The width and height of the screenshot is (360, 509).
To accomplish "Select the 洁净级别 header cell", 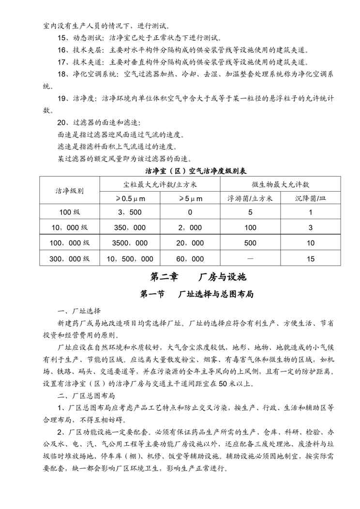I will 70,191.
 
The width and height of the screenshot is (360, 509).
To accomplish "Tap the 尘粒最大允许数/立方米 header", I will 160,184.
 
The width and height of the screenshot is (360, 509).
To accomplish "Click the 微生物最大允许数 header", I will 281,184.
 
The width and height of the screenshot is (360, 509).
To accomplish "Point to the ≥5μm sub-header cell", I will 190,198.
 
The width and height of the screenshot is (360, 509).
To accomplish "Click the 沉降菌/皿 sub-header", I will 311,198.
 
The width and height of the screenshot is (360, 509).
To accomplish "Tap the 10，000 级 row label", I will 70,227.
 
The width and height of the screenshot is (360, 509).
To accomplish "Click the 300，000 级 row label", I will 70,258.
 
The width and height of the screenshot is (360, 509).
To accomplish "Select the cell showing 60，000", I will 190,258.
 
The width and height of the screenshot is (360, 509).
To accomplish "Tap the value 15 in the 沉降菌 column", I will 311,258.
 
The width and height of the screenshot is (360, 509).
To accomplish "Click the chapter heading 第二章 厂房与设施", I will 198,277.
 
